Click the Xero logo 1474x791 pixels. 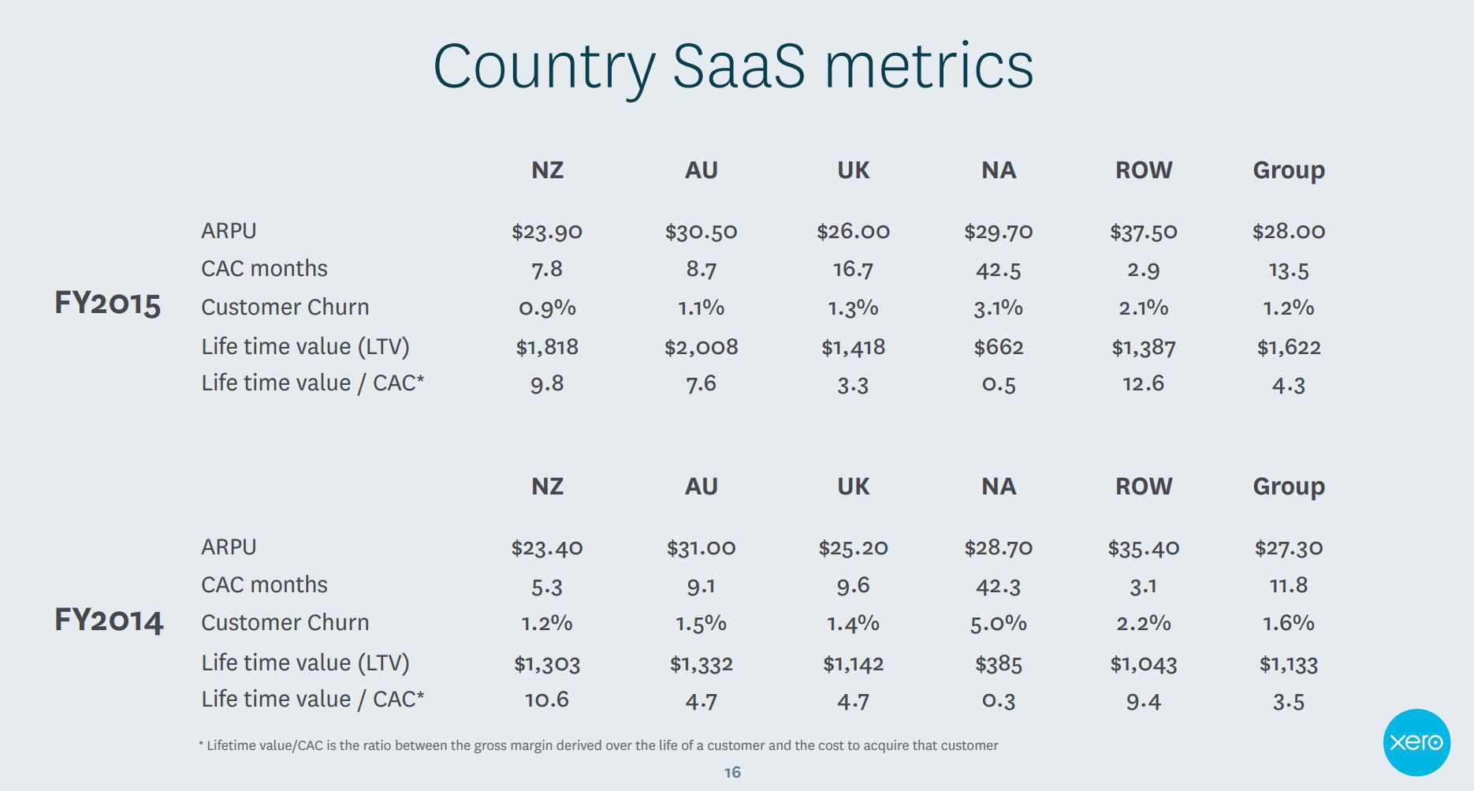(x=1416, y=742)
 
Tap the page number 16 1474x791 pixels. (x=732, y=772)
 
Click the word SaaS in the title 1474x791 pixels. (x=739, y=65)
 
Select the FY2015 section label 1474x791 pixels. (x=108, y=304)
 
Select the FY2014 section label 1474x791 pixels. (x=109, y=621)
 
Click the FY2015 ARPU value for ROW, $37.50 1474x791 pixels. (x=1143, y=231)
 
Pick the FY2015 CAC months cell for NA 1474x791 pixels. (x=998, y=270)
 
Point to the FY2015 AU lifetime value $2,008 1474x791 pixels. (x=701, y=347)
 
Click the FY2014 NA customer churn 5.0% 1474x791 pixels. (x=998, y=623)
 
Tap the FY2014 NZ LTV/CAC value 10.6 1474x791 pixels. (x=546, y=700)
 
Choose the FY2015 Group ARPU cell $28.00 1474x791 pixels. (x=1288, y=231)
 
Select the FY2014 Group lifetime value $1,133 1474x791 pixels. (x=1288, y=664)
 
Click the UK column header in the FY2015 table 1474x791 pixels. (x=853, y=170)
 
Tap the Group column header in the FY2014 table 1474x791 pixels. (x=1288, y=487)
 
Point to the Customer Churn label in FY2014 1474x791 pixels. (x=285, y=622)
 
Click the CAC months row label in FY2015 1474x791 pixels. (x=264, y=268)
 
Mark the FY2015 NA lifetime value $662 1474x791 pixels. (x=998, y=347)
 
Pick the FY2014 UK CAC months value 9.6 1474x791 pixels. (x=853, y=585)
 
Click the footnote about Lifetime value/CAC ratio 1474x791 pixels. (x=598, y=745)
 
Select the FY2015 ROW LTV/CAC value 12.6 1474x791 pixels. (x=1143, y=383)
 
